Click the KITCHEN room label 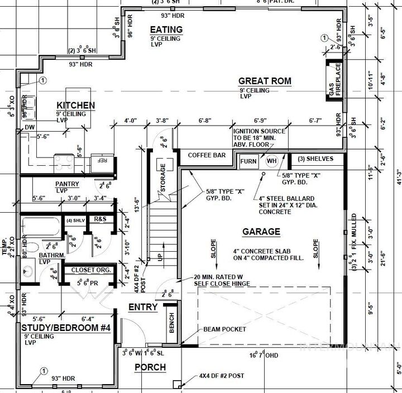75,105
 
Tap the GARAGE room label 261,232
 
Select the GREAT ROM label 265,81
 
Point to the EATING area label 166,30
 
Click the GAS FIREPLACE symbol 334,80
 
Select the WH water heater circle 272,161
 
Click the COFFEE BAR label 207,155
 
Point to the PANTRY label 67,184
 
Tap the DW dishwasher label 30,127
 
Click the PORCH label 150,367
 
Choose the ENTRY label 143,307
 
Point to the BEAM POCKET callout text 225,329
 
